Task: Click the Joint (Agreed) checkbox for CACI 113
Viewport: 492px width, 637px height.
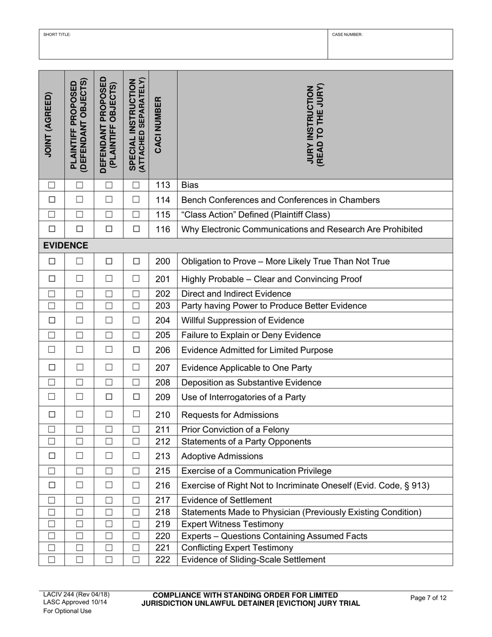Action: (52, 185)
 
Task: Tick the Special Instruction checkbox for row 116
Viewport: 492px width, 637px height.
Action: (136, 229)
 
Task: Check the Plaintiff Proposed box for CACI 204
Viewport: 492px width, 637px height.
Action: (79, 321)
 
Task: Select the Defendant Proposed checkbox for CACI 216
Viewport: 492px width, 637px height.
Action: (109, 485)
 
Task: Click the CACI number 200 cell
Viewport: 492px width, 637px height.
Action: (163, 262)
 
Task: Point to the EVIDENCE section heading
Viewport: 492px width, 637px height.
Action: (65, 245)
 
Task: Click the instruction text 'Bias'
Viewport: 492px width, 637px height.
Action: (190, 185)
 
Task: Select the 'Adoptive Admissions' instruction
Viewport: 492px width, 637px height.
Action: (221, 456)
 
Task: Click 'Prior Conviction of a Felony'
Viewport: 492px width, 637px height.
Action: (235, 429)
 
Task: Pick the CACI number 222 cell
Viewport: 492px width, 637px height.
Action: (163, 560)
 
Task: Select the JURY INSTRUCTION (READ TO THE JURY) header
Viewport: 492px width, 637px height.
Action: (315, 125)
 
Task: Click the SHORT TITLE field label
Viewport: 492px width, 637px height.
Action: (57, 35)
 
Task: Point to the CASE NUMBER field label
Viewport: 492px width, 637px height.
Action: (347, 35)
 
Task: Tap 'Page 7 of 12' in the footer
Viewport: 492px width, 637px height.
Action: (428, 598)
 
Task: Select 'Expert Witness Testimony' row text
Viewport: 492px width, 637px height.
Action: (231, 524)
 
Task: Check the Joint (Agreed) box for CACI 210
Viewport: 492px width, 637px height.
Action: (52, 414)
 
